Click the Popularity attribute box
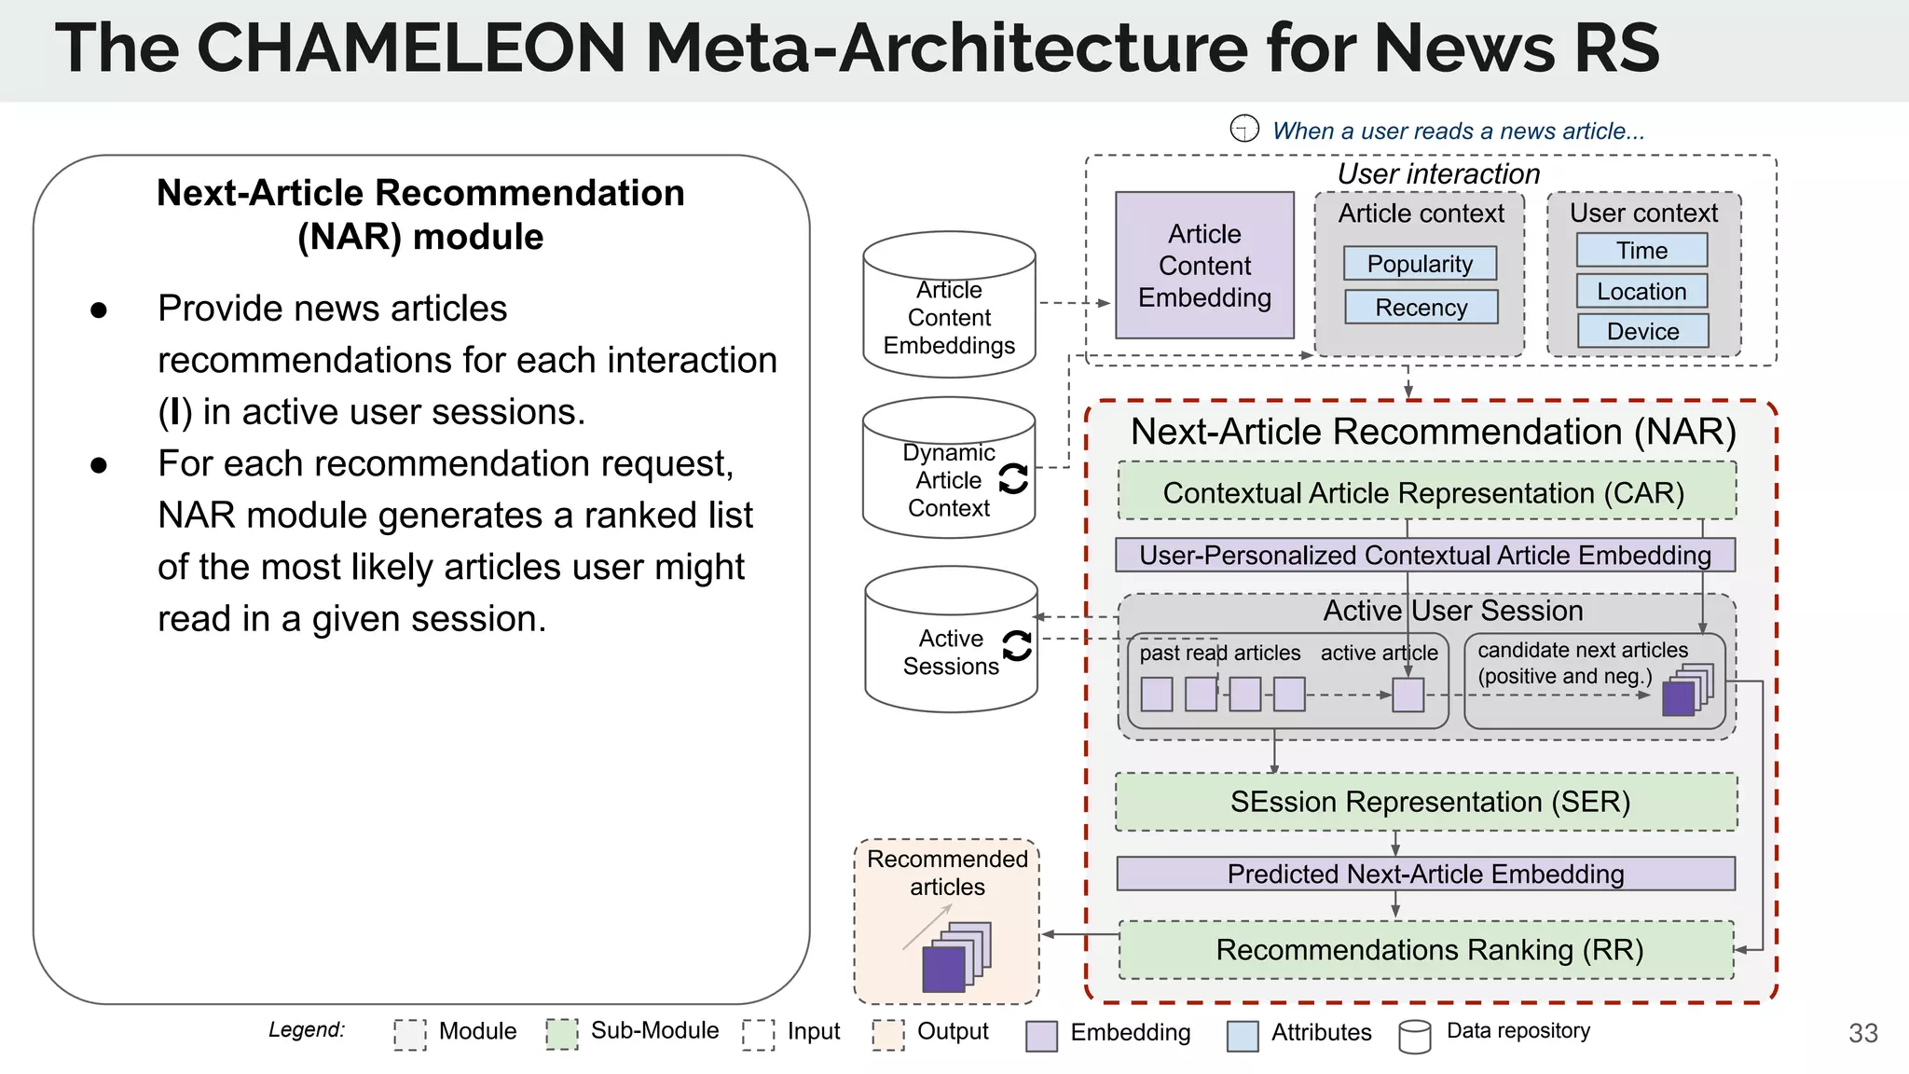click(x=1420, y=264)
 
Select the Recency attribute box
click(x=1421, y=307)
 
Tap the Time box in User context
click(x=1641, y=250)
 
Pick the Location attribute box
click(x=1641, y=291)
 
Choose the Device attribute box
click(x=1642, y=331)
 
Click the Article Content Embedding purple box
click(x=1204, y=266)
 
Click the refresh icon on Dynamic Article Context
click(x=1013, y=479)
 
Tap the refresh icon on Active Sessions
click(x=1017, y=645)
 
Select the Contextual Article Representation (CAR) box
click(x=1425, y=492)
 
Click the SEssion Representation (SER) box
click(x=1426, y=802)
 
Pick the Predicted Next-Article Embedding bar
click(x=1425, y=874)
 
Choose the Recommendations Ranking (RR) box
click(x=1426, y=949)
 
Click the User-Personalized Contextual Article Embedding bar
click(x=1425, y=555)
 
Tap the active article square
click(x=1408, y=695)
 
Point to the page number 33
click(x=1862, y=1033)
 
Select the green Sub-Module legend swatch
click(x=561, y=1033)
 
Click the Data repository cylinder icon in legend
click(x=1414, y=1035)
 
